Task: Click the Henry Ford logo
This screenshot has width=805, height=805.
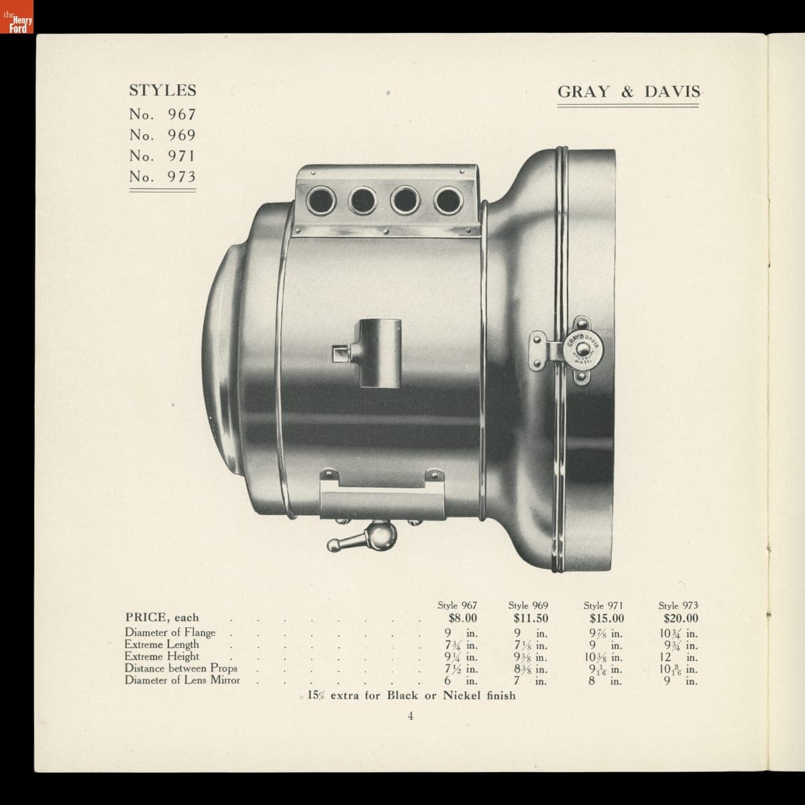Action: pyautogui.click(x=17, y=17)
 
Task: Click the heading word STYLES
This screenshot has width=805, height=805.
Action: pyautogui.click(x=162, y=91)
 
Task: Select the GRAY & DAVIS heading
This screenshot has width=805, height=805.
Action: pyautogui.click(x=629, y=92)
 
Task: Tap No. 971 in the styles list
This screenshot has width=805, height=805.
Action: pyautogui.click(x=162, y=156)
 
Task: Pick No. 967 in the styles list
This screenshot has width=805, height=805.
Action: pyautogui.click(x=162, y=114)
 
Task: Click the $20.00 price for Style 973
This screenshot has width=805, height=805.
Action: pyautogui.click(x=681, y=619)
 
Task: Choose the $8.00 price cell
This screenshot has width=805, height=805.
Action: pyautogui.click(x=463, y=619)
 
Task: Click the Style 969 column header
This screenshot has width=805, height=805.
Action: pyautogui.click(x=528, y=605)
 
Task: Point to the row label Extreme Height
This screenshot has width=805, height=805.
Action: pyautogui.click(x=162, y=656)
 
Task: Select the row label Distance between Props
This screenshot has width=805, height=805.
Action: pyautogui.click(x=181, y=668)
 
